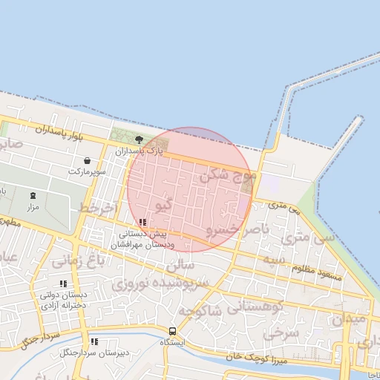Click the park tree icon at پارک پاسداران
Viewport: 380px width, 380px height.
click(139, 140)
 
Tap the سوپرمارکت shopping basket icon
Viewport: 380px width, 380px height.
click(88, 160)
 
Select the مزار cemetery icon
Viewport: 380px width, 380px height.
click(33, 196)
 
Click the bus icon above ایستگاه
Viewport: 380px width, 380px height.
click(172, 331)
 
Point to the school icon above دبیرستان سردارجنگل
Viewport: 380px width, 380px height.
click(94, 341)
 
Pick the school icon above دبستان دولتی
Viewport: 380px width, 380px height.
click(63, 284)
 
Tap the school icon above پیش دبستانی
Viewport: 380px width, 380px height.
click(142, 222)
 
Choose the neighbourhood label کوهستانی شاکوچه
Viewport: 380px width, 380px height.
click(248, 307)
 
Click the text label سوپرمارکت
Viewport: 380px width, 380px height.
click(88, 171)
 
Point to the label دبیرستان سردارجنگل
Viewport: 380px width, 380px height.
click(94, 353)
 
